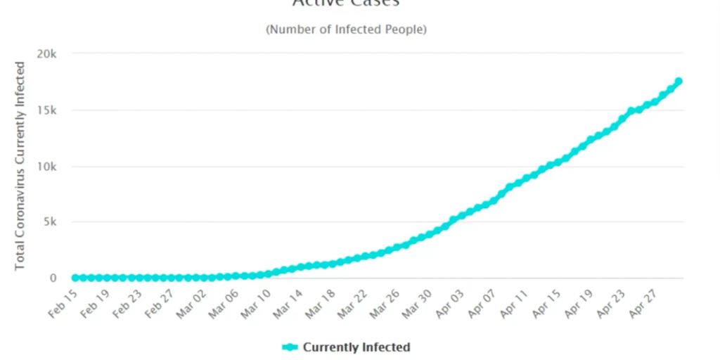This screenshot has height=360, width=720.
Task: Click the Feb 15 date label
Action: (x=63, y=303)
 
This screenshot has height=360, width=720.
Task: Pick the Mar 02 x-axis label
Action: (x=190, y=303)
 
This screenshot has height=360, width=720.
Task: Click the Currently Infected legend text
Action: (x=356, y=347)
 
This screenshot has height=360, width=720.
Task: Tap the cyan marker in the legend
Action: (x=290, y=347)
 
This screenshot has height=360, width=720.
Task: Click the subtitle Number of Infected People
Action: (x=346, y=30)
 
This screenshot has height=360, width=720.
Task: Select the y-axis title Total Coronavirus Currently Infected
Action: (x=20, y=166)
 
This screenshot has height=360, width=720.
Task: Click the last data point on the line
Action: (x=679, y=82)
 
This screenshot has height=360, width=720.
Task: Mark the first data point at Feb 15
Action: (x=75, y=278)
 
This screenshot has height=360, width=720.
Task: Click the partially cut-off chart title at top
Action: (x=346, y=4)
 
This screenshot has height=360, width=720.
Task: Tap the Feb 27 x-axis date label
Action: (x=158, y=303)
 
